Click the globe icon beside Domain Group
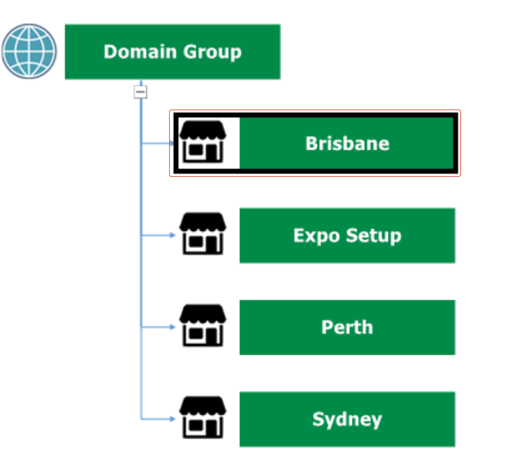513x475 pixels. coord(29,51)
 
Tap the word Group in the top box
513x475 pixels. coord(212,52)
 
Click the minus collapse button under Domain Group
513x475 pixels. coord(140,92)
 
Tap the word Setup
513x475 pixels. coord(373,236)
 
